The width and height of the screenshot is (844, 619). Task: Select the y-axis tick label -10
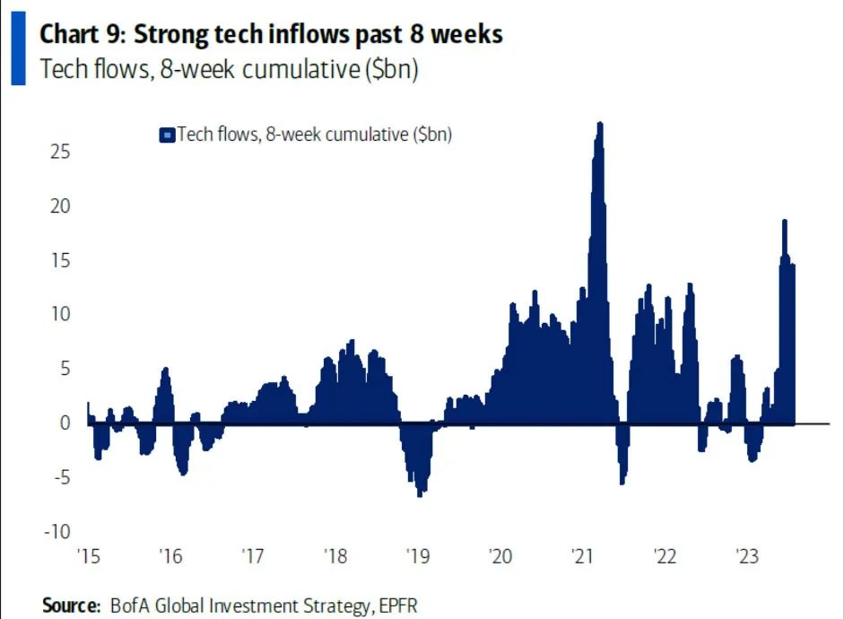pyautogui.click(x=55, y=531)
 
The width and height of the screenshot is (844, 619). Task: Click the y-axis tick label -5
pyautogui.click(x=58, y=476)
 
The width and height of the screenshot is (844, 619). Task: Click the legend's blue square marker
pyautogui.click(x=166, y=135)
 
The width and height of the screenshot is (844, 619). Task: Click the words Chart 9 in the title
pyautogui.click(x=83, y=35)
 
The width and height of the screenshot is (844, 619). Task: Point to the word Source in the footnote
pyautogui.click(x=70, y=606)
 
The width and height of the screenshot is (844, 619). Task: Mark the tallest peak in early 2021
pyautogui.click(x=600, y=124)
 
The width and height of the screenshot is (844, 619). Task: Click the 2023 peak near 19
pyautogui.click(x=785, y=221)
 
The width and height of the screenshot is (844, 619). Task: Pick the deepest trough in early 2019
pyautogui.click(x=419, y=494)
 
